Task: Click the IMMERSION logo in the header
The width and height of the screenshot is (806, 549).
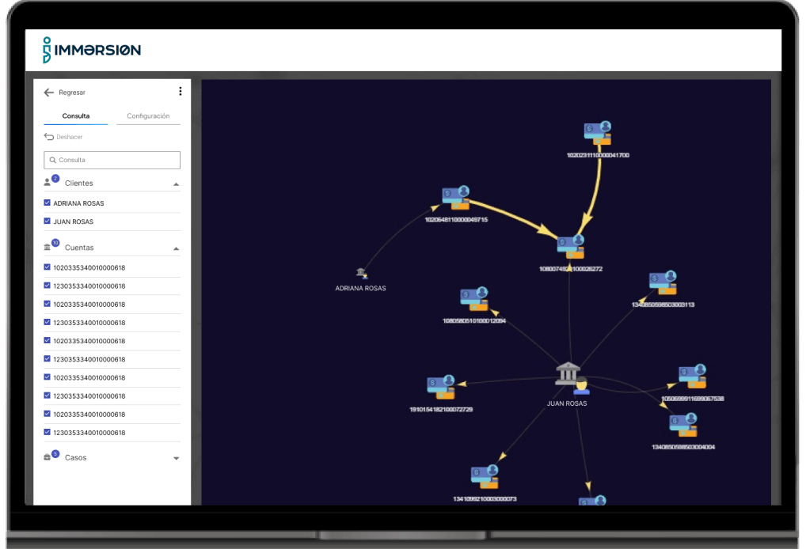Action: (92, 50)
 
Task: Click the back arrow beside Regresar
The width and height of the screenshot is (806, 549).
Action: (49, 93)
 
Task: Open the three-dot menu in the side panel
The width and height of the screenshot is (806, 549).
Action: (180, 92)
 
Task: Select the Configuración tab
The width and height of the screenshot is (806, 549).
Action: (148, 116)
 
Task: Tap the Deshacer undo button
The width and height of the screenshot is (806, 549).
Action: (63, 137)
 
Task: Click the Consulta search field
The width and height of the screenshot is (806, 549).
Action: (112, 160)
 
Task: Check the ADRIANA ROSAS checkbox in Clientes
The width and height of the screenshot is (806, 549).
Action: (48, 203)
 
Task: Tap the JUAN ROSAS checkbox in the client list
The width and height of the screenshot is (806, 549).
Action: (48, 221)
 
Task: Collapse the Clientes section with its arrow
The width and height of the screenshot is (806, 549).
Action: (176, 184)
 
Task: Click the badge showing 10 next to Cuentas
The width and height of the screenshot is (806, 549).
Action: (55, 243)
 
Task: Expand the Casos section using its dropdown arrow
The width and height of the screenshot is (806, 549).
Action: (176, 458)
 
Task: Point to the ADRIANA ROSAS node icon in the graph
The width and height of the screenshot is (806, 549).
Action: (361, 274)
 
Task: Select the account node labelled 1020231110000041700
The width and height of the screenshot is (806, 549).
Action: (598, 133)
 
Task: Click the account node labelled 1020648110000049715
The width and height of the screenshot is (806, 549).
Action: (456, 199)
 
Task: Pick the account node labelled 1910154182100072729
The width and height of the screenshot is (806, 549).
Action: (441, 388)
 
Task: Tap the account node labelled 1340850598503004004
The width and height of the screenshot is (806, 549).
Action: (682, 426)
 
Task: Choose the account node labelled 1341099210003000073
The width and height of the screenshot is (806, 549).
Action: (485, 477)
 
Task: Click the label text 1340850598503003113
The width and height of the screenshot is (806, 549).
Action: (663, 305)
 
